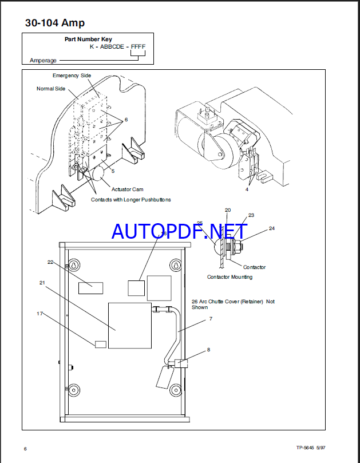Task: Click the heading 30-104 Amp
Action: point(55,23)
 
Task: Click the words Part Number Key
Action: point(84,39)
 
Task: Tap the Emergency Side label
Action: point(72,76)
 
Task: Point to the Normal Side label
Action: point(51,89)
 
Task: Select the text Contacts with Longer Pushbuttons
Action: point(130,200)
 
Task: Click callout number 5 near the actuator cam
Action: point(113,171)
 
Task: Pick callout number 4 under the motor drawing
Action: point(247,188)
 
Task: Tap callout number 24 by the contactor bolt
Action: point(271,228)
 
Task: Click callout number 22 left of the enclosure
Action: point(50,262)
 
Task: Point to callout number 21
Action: point(42,283)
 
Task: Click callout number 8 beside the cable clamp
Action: point(208,349)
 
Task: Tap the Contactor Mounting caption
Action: point(230,277)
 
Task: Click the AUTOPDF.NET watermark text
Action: point(180,231)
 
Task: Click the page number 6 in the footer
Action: point(25,448)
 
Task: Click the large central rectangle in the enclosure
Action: point(130,325)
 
